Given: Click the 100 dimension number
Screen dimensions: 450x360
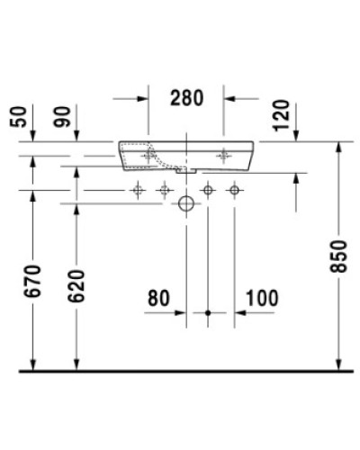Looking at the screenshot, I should point(260,297).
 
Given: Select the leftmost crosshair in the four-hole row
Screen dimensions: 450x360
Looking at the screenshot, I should point(138,189).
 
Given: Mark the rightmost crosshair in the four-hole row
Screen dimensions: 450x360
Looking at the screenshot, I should point(234,189).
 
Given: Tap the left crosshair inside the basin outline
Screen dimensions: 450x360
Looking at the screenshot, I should point(150,155).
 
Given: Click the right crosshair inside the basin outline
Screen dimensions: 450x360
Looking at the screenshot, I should point(222,155).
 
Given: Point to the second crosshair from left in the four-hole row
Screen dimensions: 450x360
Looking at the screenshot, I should point(164,189).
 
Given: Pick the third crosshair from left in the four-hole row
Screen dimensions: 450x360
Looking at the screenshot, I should point(208,189).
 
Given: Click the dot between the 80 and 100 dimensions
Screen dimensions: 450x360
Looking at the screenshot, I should point(209,313).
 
